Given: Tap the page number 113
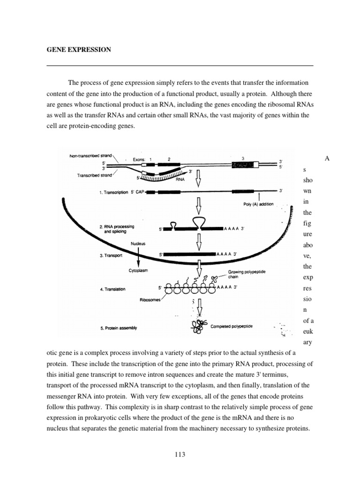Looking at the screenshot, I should (180, 454).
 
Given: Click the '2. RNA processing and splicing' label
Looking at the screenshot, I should (117, 229).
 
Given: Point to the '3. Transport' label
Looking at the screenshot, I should (112, 256).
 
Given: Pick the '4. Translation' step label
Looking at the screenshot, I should (112, 289).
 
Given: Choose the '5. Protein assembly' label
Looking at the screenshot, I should (119, 328).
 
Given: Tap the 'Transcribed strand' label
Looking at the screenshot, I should (94, 175).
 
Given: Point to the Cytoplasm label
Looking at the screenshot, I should (138, 270).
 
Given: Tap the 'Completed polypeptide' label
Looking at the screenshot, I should (232, 326).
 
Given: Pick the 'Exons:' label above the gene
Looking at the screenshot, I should (140, 159).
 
